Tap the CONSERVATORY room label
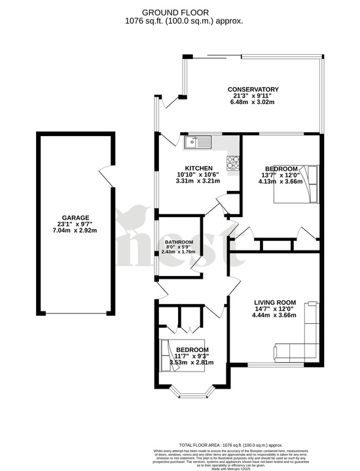(253, 90)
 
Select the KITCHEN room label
(197, 167)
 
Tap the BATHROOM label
(179, 241)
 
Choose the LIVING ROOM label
(275, 303)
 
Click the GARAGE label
(75, 218)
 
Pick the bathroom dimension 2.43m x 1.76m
(179, 253)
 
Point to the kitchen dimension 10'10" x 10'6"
(197, 174)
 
